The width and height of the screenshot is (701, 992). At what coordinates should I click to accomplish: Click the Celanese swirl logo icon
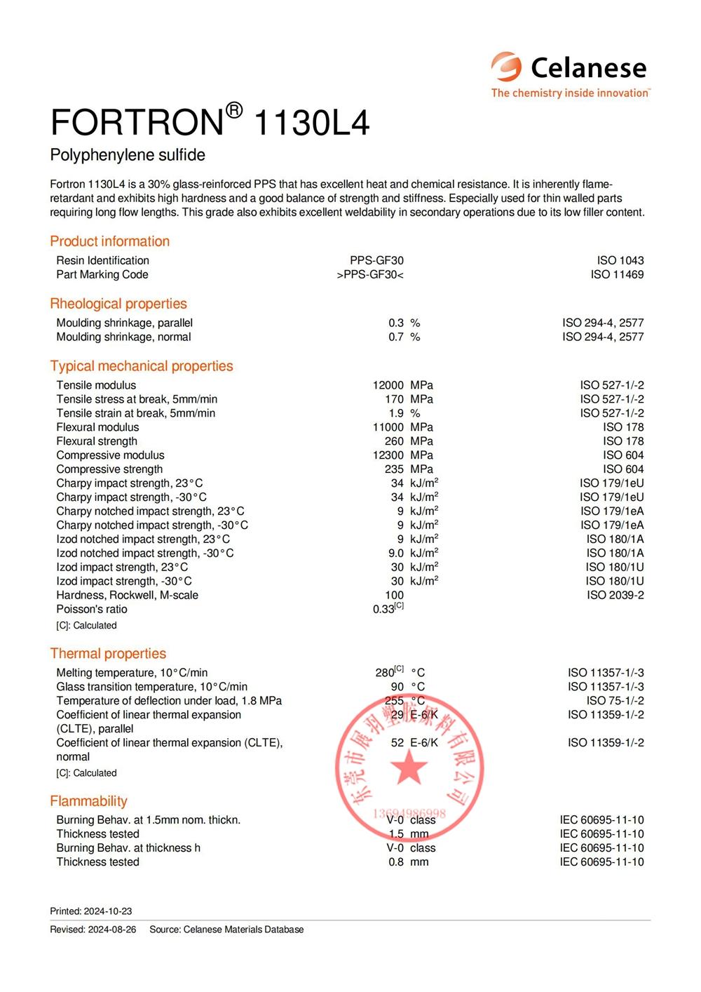(x=506, y=67)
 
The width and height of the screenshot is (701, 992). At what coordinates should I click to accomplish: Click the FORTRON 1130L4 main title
(x=210, y=122)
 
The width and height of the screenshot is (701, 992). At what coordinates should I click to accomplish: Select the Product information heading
(x=109, y=241)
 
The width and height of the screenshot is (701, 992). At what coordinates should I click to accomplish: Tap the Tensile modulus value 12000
(x=388, y=385)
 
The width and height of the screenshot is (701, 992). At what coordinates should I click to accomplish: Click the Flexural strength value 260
(x=394, y=441)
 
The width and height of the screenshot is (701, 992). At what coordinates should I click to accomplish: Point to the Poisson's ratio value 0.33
(x=384, y=609)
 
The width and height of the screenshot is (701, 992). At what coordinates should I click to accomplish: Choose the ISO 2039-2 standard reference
(x=615, y=595)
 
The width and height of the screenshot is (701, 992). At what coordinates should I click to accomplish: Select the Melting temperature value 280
(x=385, y=672)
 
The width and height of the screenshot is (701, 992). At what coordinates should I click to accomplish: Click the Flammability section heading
(x=88, y=801)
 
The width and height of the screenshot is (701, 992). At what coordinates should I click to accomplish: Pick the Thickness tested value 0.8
(x=396, y=862)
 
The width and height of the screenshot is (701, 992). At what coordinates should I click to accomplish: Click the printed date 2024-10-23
(x=108, y=911)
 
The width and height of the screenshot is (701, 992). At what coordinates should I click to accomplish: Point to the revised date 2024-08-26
(x=112, y=930)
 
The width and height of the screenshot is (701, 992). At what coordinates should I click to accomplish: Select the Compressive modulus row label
(x=110, y=455)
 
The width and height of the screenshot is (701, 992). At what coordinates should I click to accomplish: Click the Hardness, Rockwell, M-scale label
(x=127, y=595)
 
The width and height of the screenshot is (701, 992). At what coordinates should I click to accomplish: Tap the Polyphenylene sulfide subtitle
(x=128, y=155)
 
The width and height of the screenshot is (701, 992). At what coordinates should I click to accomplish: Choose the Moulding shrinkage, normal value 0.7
(x=396, y=337)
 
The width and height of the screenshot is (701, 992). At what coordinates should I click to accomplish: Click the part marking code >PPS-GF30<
(x=370, y=274)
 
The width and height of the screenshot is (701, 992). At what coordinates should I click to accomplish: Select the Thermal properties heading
(x=108, y=654)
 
